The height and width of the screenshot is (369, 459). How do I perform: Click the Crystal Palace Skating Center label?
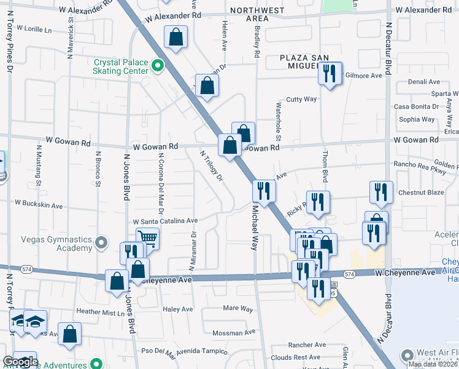[121, 66]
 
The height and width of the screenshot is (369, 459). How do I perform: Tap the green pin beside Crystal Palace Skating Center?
[158, 65]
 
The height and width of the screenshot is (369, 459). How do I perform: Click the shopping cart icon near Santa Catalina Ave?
[147, 237]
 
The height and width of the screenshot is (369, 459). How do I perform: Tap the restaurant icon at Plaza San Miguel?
[330, 74]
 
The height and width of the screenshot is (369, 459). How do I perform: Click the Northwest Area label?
[257, 14]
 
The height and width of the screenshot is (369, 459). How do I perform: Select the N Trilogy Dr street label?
[211, 165]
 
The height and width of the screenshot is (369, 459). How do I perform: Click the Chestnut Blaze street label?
[420, 192]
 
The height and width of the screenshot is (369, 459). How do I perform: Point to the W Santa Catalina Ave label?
[165, 221]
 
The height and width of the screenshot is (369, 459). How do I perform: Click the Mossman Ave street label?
[233, 333]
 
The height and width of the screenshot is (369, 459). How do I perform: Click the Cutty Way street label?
[301, 99]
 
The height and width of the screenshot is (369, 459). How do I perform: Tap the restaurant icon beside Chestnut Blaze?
[381, 192]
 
